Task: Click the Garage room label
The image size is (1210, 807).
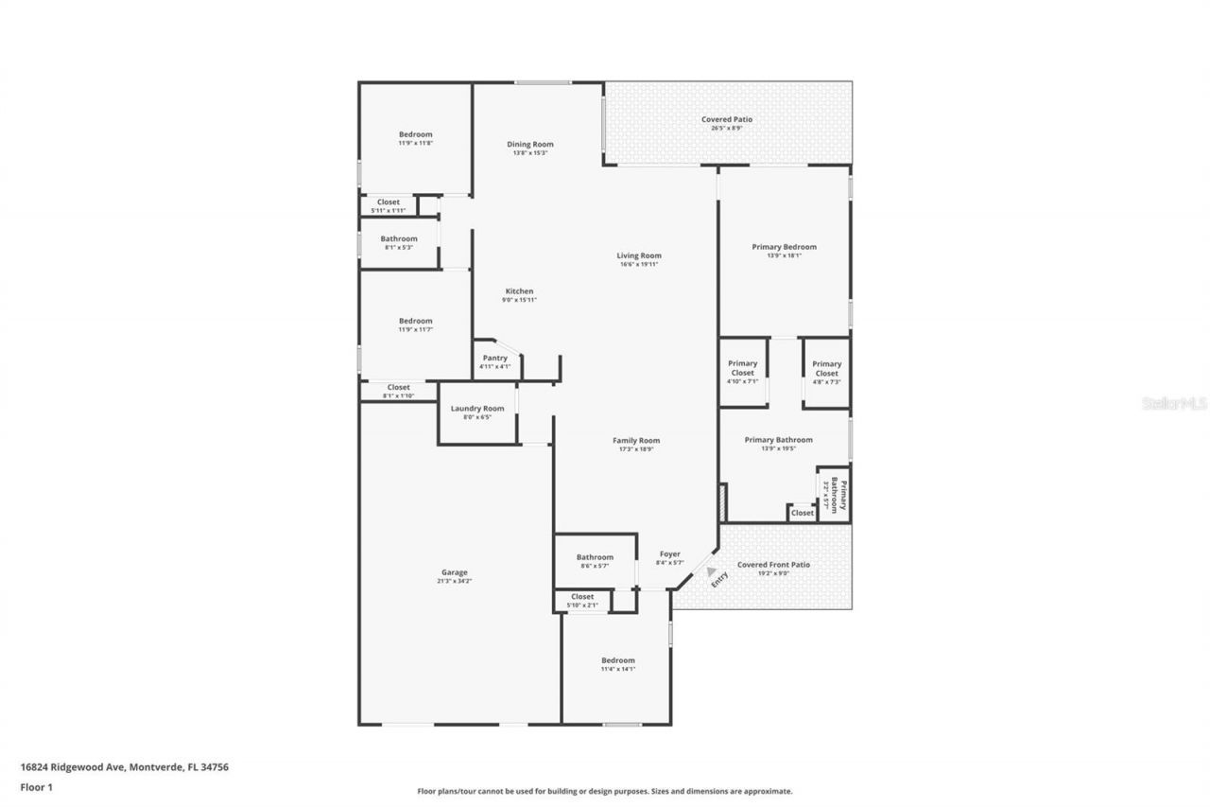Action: (x=454, y=572)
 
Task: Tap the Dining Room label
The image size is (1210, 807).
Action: (x=529, y=144)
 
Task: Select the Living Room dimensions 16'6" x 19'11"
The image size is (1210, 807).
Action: (x=639, y=265)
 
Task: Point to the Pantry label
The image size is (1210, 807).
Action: (x=494, y=358)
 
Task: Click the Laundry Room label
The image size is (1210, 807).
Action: (x=477, y=408)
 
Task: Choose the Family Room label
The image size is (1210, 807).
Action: (x=636, y=440)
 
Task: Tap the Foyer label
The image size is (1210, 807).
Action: (x=669, y=554)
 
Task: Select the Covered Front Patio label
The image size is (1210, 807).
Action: (x=773, y=565)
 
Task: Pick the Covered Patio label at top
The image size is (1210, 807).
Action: (x=726, y=119)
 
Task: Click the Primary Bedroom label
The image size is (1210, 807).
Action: (x=784, y=247)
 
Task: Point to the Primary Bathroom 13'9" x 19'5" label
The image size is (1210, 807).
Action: (x=778, y=439)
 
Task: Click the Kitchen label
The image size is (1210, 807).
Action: (x=519, y=291)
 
